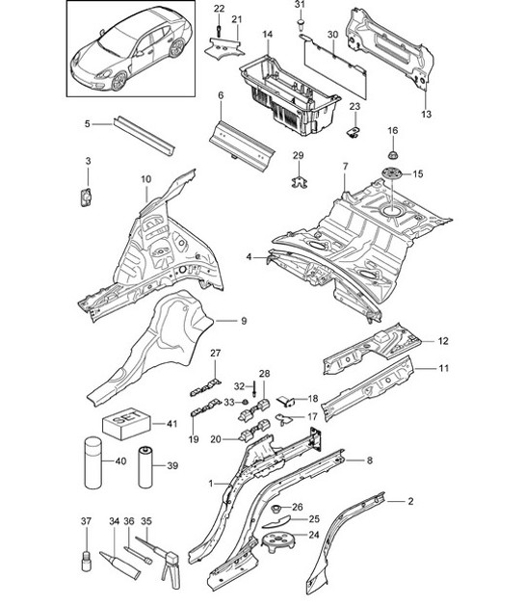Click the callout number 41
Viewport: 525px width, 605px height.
pyautogui.click(x=171, y=423)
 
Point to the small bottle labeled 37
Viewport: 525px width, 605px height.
pyautogui.click(x=85, y=561)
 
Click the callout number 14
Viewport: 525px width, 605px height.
pyautogui.click(x=267, y=35)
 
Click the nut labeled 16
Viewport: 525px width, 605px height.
pyautogui.click(x=392, y=154)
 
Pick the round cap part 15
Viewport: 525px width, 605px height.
pyautogui.click(x=392, y=174)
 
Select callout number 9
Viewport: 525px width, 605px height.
pyautogui.click(x=244, y=321)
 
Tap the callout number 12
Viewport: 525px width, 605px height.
pyautogui.click(x=444, y=340)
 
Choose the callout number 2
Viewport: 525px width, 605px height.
pyautogui.click(x=410, y=501)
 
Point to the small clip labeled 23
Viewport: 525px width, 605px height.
pyautogui.click(x=354, y=128)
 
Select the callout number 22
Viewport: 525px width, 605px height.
pyautogui.click(x=219, y=9)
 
